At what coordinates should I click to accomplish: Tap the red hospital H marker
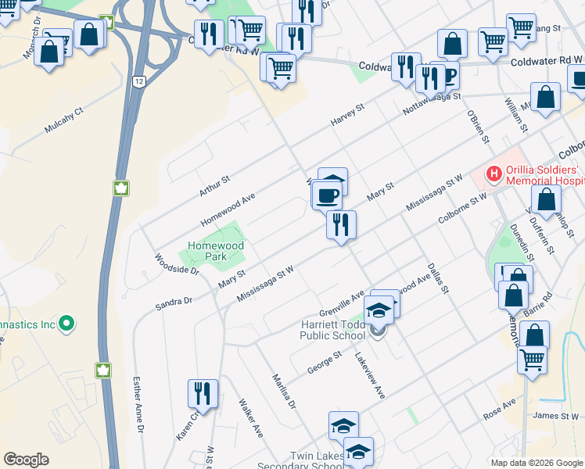(x=493, y=174)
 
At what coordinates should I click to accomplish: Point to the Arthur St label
(x=214, y=184)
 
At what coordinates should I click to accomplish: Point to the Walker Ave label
(x=250, y=417)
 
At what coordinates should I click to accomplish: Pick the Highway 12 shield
(x=138, y=81)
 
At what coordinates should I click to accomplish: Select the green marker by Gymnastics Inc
(x=66, y=322)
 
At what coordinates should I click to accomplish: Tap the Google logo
(x=26, y=460)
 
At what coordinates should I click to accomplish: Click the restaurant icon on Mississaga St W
(x=342, y=225)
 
